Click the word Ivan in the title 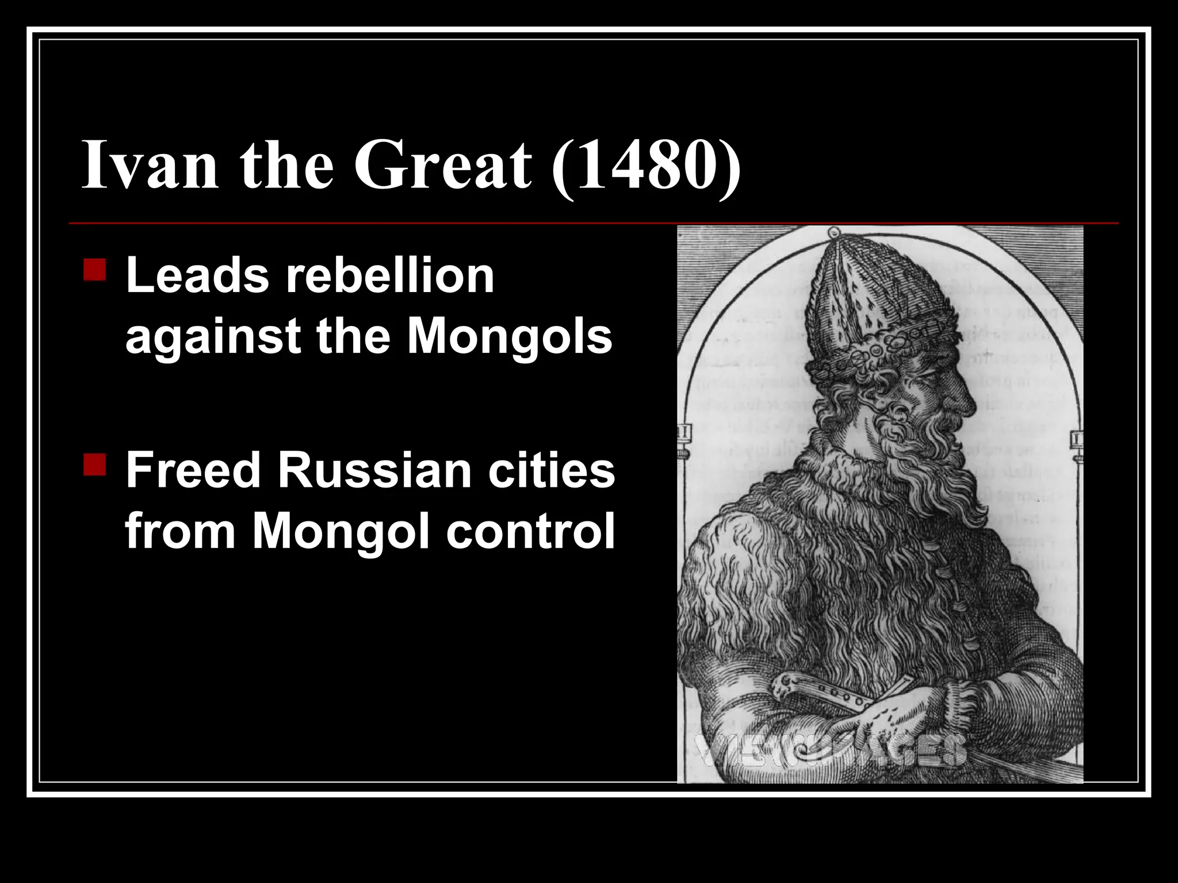pyautogui.click(x=150, y=164)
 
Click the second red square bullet pyautogui.click(x=94, y=464)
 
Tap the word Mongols pyautogui.click(x=510, y=336)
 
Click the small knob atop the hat pyautogui.click(x=832, y=233)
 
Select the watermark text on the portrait pyautogui.click(x=828, y=750)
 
